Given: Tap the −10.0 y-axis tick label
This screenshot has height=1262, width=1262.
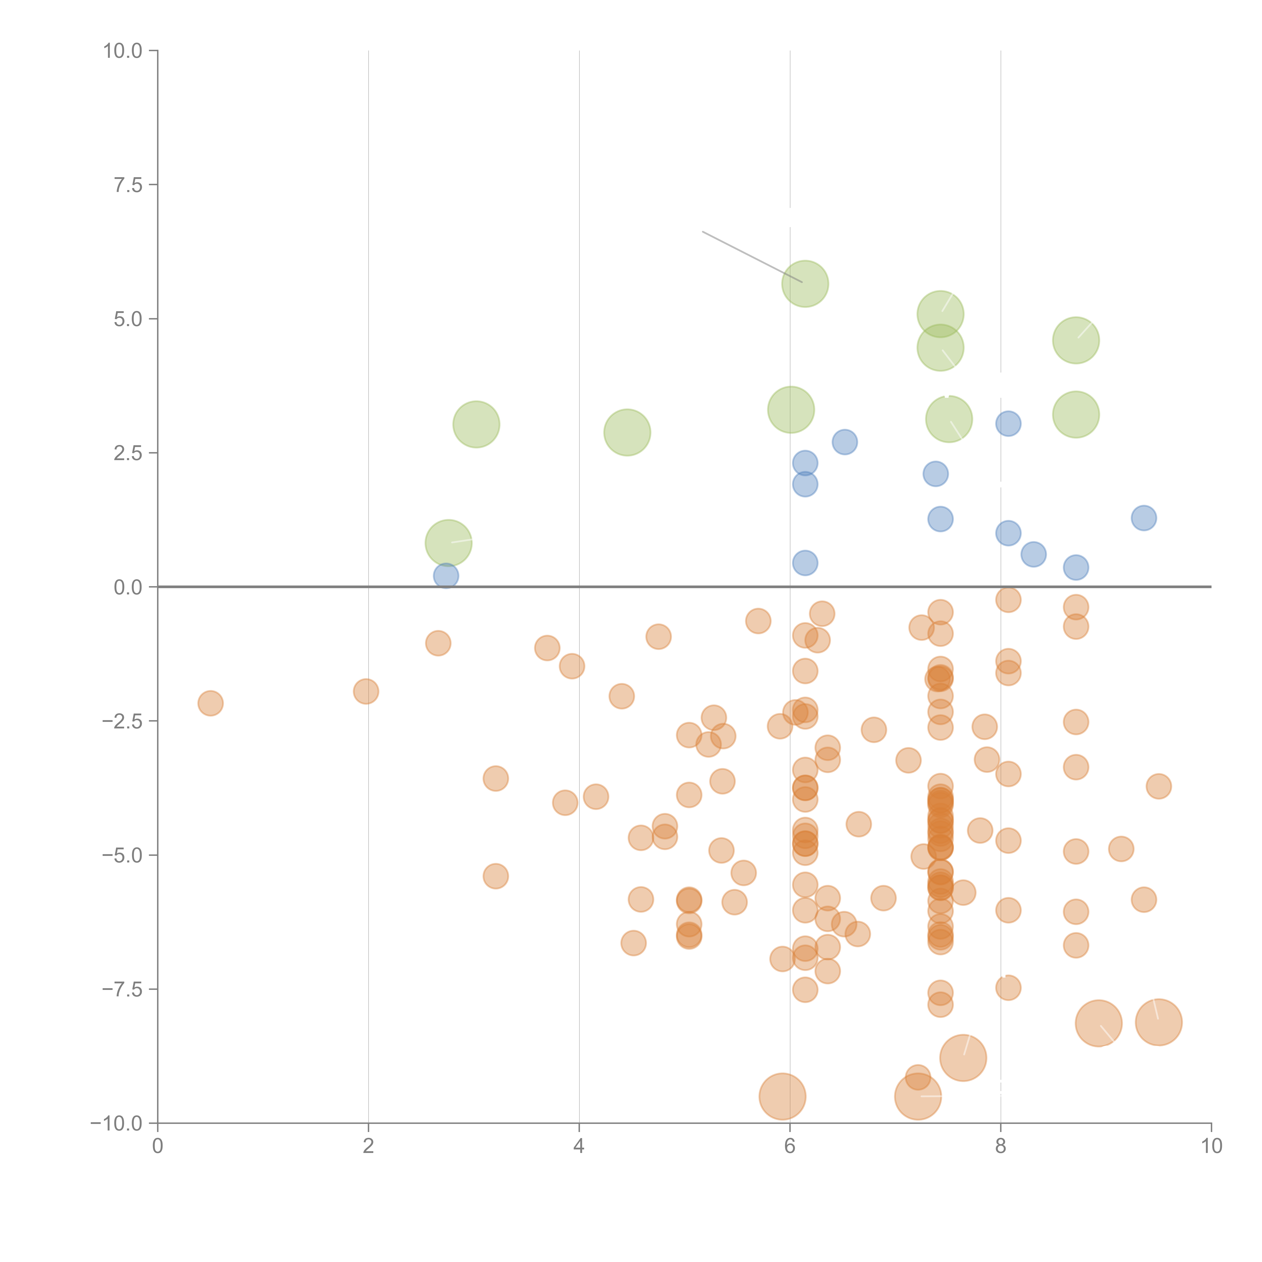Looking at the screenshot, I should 116,1123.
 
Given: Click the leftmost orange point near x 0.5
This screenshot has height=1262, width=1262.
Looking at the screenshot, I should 210,703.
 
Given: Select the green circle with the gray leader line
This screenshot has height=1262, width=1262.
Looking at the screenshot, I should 805,283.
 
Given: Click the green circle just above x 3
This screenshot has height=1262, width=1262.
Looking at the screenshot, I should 476,425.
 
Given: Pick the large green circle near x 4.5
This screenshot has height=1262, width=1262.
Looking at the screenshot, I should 627,432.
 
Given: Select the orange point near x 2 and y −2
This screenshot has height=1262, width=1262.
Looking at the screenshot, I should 366,691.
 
